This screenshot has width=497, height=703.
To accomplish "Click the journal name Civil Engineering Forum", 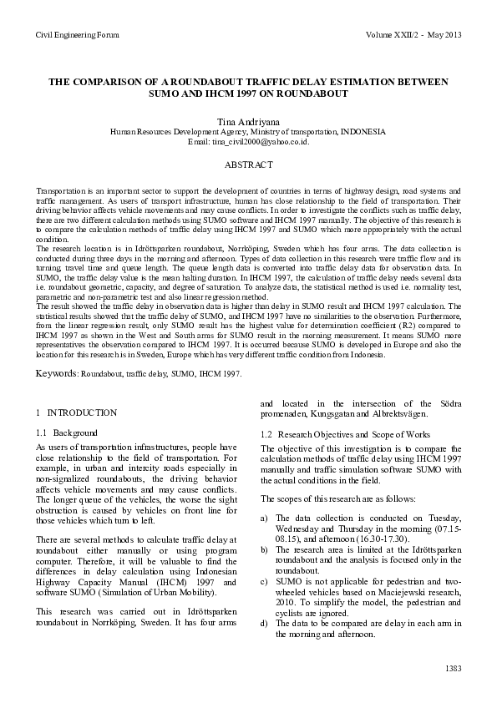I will click(77, 35).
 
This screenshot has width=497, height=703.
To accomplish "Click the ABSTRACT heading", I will click(248, 165).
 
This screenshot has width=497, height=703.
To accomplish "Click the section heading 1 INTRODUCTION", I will click(77, 412).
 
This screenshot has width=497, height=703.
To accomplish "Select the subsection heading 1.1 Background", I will click(67, 433).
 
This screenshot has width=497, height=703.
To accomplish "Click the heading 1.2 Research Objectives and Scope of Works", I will click(345, 434).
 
